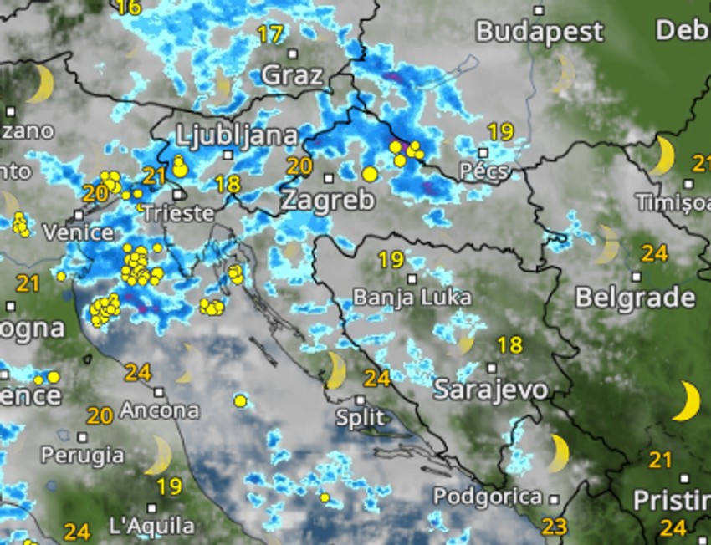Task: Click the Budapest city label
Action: (x=540, y=32)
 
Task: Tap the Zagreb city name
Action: (x=327, y=201)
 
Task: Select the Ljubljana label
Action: (x=238, y=135)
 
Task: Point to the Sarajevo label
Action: (x=491, y=390)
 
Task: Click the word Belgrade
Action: (x=636, y=298)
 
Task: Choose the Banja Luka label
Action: (x=412, y=298)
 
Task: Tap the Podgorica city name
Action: (x=487, y=497)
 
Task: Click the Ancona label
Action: (x=160, y=410)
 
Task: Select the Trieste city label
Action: (x=177, y=213)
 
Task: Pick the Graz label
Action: (x=292, y=75)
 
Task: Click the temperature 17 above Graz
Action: (x=269, y=35)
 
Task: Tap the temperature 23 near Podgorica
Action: (x=554, y=527)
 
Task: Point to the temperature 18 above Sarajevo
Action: (x=509, y=344)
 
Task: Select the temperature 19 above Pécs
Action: (x=500, y=131)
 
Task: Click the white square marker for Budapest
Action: (x=540, y=11)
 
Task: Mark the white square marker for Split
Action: (x=360, y=400)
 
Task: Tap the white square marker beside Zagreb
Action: (x=329, y=177)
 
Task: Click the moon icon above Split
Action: (x=335, y=370)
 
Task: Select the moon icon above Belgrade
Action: (x=607, y=245)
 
